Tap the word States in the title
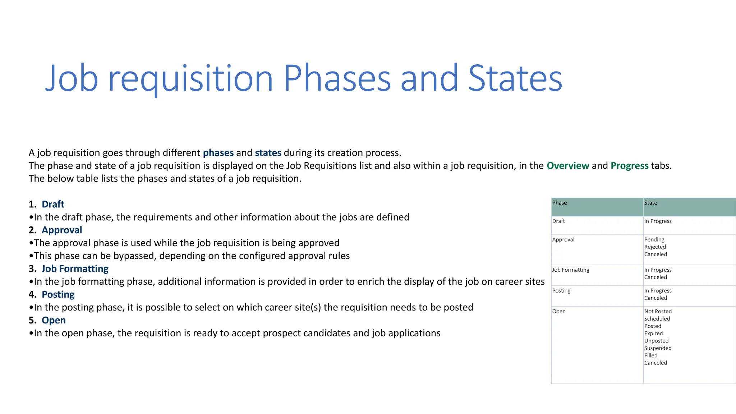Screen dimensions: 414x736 (x=515, y=78)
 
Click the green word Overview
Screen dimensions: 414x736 (x=568, y=166)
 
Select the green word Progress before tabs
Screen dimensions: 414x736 (x=629, y=166)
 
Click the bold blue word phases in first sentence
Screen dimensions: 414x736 (x=218, y=153)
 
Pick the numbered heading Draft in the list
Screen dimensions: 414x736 (x=53, y=204)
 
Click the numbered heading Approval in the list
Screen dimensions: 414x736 (x=62, y=230)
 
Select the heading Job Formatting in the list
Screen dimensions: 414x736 (x=75, y=269)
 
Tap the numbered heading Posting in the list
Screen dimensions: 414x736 (x=58, y=295)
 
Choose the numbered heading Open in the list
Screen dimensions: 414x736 (x=54, y=320)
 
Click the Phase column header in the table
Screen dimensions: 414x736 (x=560, y=203)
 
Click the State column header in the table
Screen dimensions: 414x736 (x=650, y=203)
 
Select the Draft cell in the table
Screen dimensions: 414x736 (x=558, y=221)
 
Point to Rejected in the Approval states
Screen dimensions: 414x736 (x=655, y=247)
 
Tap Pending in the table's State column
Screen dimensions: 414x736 (x=654, y=240)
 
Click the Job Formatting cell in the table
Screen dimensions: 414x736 (x=571, y=270)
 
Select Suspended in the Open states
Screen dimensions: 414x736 (x=658, y=348)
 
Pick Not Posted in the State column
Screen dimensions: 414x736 (x=658, y=312)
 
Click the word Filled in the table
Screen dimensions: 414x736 (x=650, y=356)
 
